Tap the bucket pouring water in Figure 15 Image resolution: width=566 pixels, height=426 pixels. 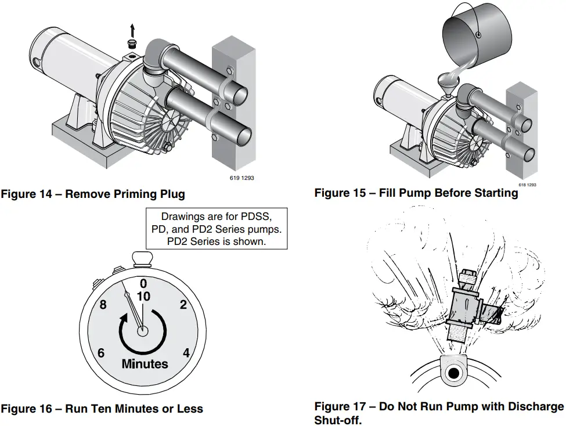(476, 36)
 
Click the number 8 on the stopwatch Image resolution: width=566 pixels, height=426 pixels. (103, 305)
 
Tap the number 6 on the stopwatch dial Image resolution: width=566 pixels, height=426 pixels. (102, 353)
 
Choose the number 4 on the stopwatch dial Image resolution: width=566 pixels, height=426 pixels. (186, 353)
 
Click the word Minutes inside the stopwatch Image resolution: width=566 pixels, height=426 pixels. (145, 364)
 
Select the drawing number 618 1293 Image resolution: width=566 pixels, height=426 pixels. (527, 185)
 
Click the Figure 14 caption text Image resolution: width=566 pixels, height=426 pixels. (93, 194)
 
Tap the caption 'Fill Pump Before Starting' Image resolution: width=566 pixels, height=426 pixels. (448, 193)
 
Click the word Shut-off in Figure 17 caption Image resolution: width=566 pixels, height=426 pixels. (337, 420)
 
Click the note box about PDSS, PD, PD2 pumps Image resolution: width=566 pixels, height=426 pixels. (216, 229)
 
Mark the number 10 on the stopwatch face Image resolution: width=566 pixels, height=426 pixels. (143, 296)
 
